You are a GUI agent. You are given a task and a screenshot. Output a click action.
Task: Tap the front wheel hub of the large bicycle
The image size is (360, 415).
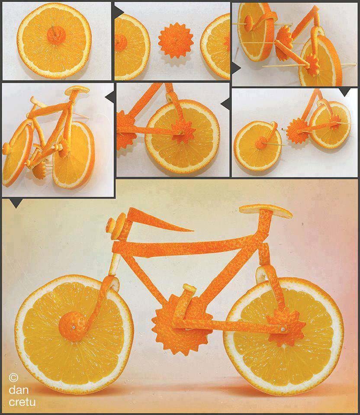coord(73,326)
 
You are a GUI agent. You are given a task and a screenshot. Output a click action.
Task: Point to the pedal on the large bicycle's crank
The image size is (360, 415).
coord(190,288)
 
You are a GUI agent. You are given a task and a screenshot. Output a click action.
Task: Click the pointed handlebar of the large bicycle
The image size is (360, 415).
coord(159,220)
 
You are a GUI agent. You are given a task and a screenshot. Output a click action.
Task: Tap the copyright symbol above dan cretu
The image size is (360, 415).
coord(13,377)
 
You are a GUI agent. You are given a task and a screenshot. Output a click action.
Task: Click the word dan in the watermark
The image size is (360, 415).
coord(19,389)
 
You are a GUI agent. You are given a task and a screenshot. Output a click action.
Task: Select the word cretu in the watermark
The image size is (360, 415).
coord(22,402)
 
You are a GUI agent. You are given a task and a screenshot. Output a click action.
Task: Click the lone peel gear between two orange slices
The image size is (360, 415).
coord(176,40)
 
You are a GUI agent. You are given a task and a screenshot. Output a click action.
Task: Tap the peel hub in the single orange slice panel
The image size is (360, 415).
coord(56,35)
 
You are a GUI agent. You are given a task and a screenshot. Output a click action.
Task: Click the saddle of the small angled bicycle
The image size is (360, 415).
coord(77,89)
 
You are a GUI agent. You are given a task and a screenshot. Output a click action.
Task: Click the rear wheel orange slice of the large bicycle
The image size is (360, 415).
coord(283,337)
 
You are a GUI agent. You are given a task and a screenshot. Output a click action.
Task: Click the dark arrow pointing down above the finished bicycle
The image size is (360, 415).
coord(16,203)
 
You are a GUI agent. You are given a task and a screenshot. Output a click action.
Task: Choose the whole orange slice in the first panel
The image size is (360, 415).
coord(55,41)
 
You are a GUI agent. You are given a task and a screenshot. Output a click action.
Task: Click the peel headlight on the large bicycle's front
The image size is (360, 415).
coord(116,225)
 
